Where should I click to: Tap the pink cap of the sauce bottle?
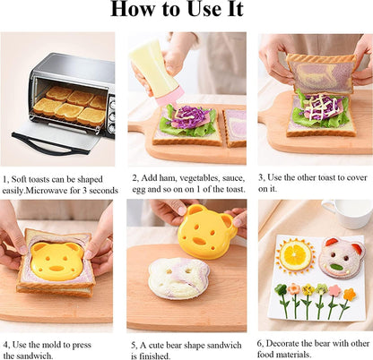tap(169, 96)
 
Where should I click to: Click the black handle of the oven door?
tap(50, 144)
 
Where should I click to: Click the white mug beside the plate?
tap(347, 213)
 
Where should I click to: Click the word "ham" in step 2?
tap(168, 178)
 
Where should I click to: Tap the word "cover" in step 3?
tap(357, 177)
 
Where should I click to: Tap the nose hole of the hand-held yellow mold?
tap(198, 240)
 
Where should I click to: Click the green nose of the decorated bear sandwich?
tap(337, 266)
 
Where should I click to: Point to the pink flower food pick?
tap(334, 290)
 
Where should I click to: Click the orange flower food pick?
tap(350, 295)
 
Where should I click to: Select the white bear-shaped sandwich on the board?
tap(178, 278)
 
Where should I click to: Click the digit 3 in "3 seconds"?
tap(85, 191)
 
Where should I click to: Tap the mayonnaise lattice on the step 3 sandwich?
tap(317, 107)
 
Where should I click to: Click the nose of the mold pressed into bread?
tap(56, 269)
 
